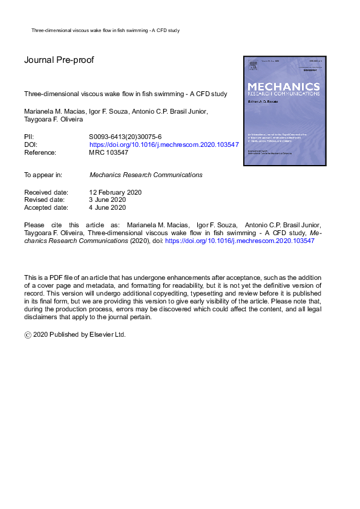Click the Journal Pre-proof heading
click(59, 60)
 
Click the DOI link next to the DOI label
click(164, 145)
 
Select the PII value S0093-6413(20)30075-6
click(125, 137)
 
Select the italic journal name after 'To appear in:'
click(146, 175)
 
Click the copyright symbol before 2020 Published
click(28, 334)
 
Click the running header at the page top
click(105, 30)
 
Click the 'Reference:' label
click(40, 153)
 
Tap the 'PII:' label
click(29, 137)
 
